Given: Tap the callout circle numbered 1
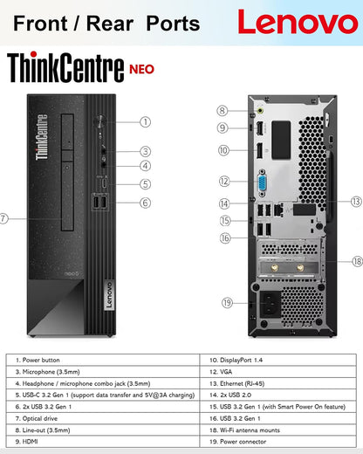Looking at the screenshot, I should click(x=146, y=122).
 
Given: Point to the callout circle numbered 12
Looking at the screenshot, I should click(x=224, y=182).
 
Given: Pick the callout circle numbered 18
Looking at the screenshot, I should click(x=357, y=261).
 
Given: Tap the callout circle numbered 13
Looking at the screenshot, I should click(x=357, y=201).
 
